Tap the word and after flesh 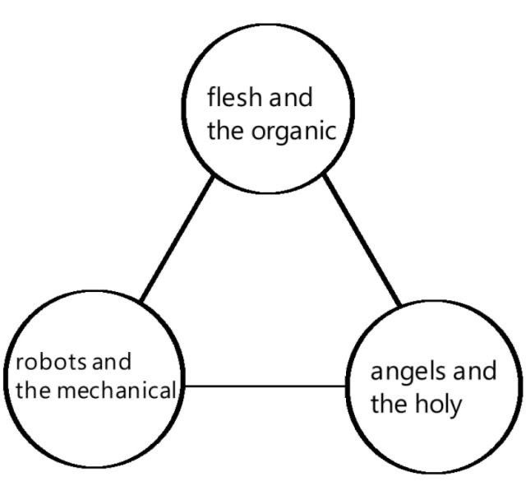[x=291, y=99]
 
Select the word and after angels [x=475, y=372]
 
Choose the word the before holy [x=389, y=404]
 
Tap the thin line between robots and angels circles [x=263, y=385]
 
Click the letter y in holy [x=457, y=406]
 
